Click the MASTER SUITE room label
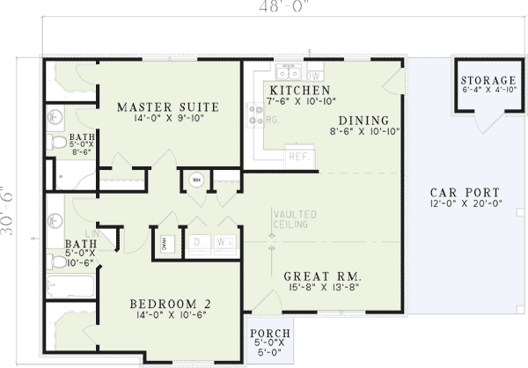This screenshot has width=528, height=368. pos(168,107)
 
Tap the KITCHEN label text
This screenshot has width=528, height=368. pos(300,92)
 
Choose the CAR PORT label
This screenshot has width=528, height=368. pos(465,193)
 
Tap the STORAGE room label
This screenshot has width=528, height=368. pos(488,81)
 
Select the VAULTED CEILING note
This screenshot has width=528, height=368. pos(290,219)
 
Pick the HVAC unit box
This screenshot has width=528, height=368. pos(167,243)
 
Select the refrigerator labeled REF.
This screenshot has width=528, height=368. pos(297,156)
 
